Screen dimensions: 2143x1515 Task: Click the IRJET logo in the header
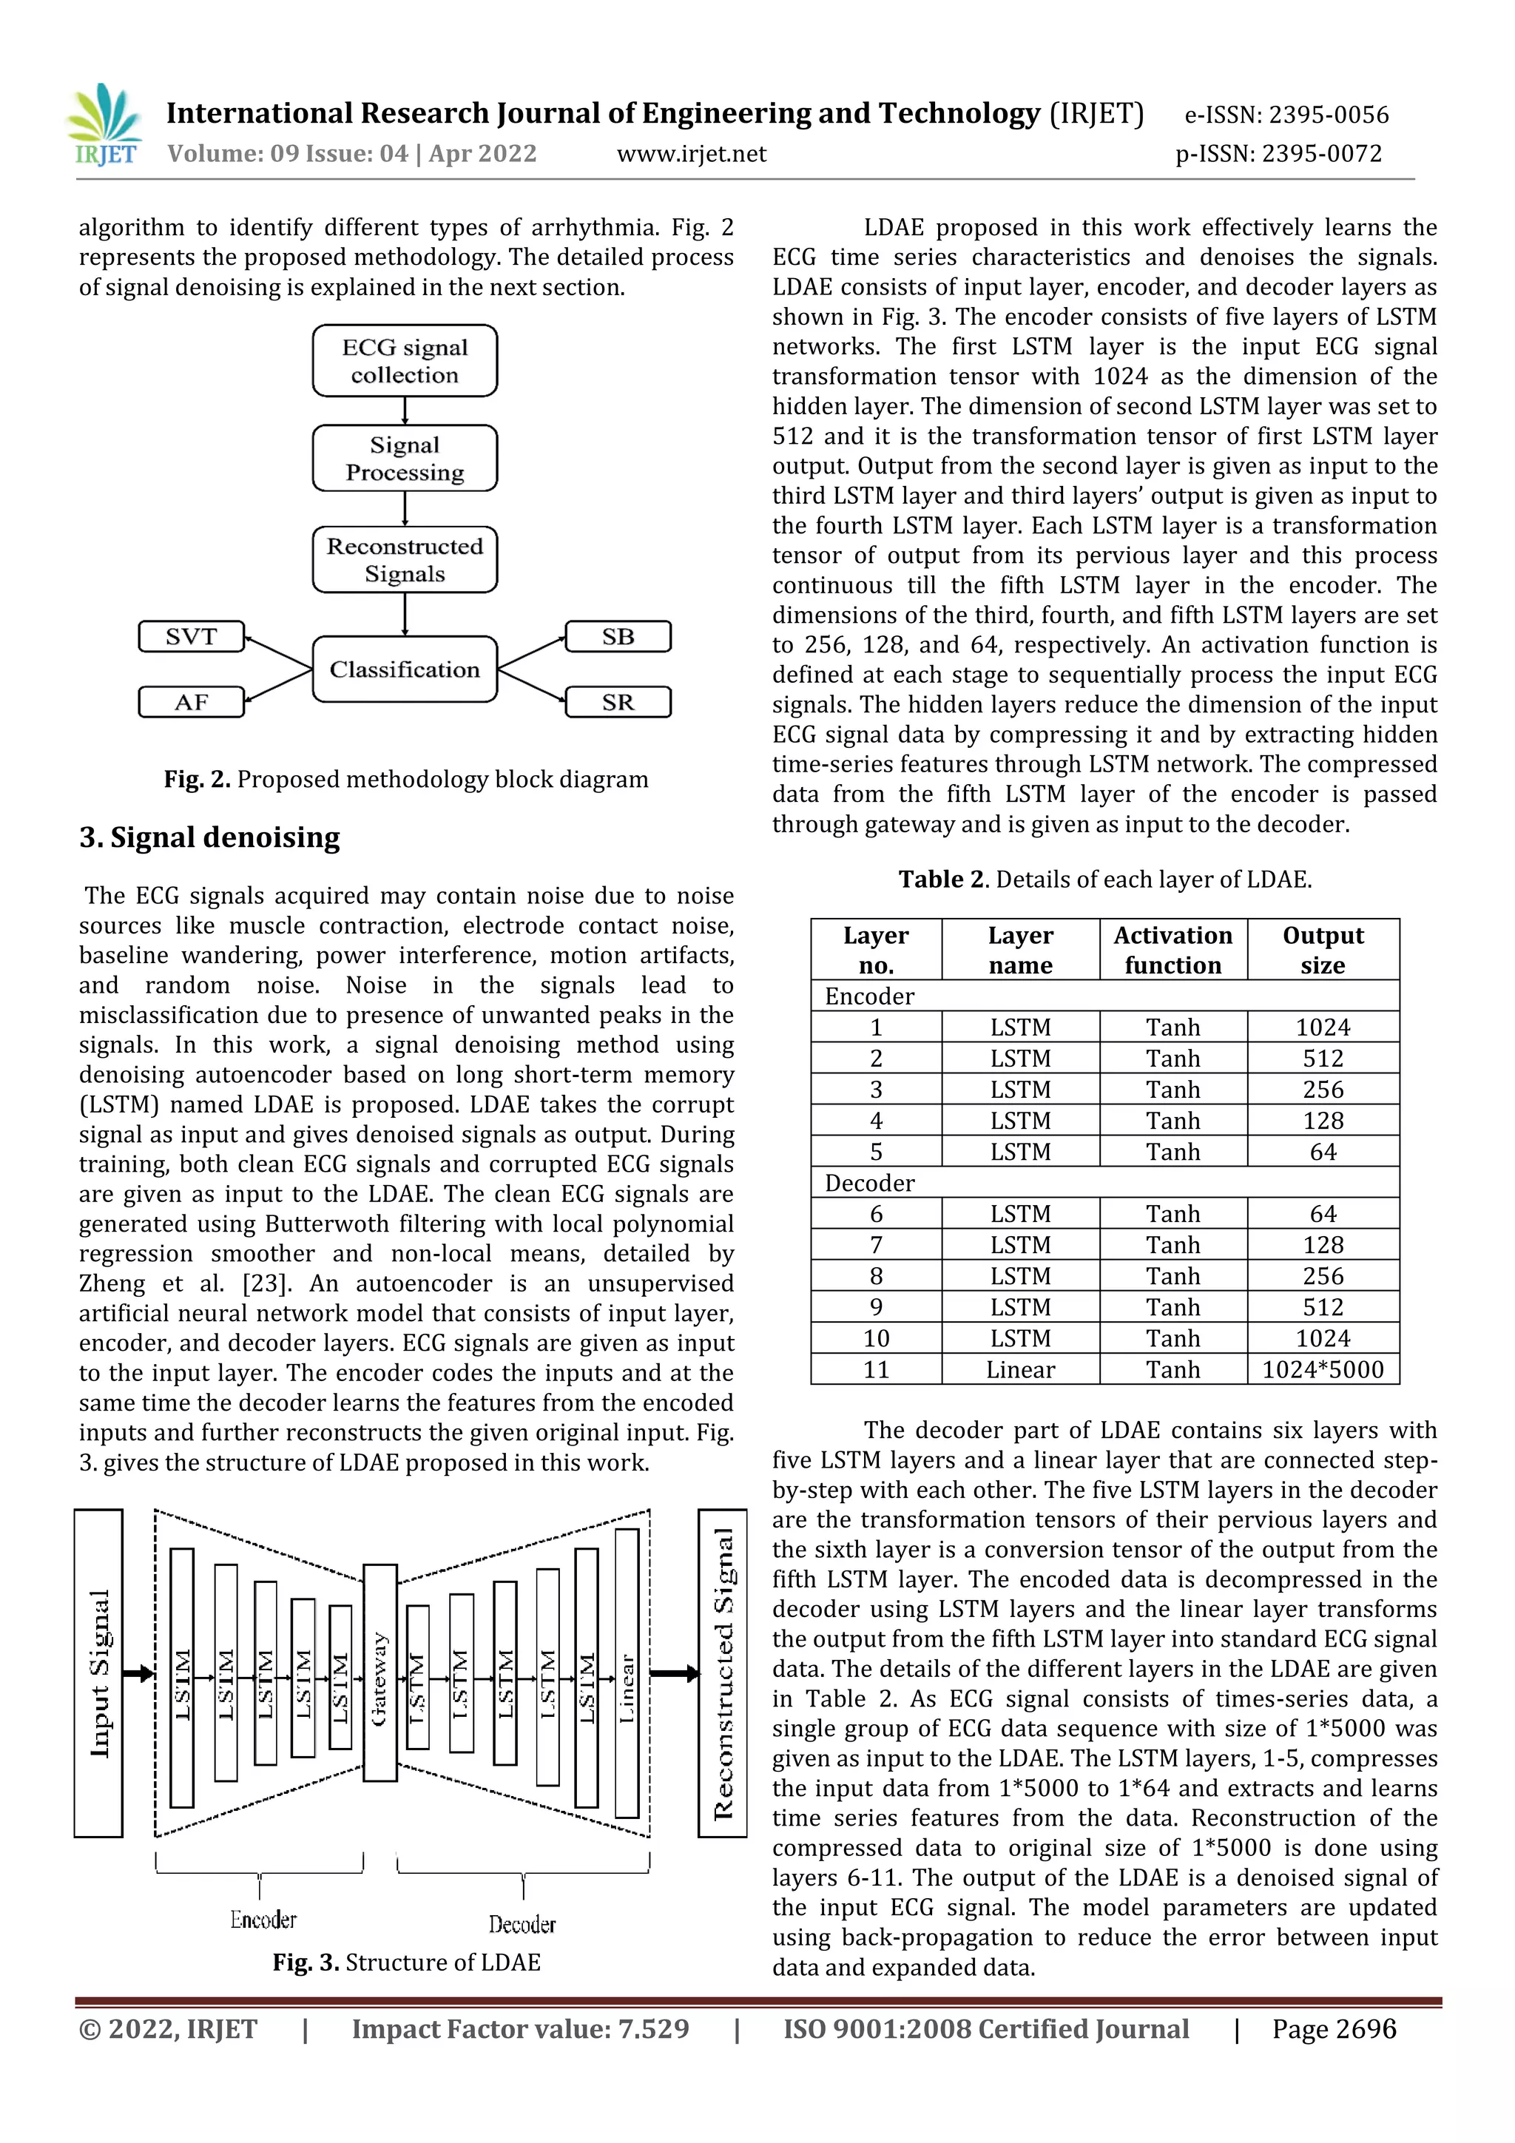tap(104, 125)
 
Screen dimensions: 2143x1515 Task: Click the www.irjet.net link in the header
tap(691, 154)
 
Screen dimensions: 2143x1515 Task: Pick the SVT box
tap(192, 637)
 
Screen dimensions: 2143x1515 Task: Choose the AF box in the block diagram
tap(192, 702)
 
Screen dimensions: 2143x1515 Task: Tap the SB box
tap(618, 637)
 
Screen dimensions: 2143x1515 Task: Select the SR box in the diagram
tap(618, 702)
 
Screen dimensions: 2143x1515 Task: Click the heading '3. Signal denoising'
tap(209, 837)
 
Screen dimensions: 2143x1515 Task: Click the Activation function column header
tap(1172, 949)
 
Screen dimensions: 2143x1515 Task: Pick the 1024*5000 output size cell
tap(1323, 1369)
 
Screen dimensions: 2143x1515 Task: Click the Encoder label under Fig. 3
tap(263, 1920)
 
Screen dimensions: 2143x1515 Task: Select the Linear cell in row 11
tap(1020, 1369)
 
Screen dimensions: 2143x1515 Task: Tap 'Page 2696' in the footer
tap(1334, 2029)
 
